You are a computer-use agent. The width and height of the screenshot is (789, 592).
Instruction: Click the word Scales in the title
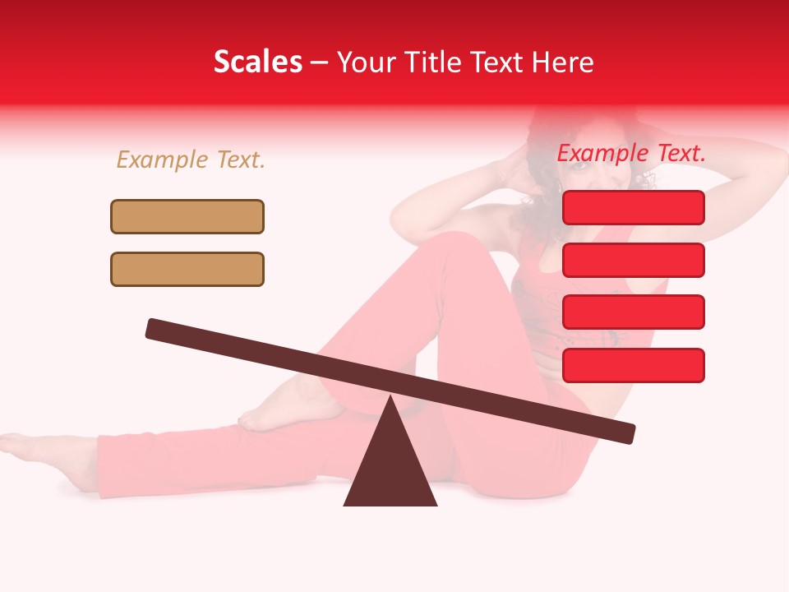click(x=257, y=62)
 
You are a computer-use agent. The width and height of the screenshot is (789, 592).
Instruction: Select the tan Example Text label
click(x=191, y=160)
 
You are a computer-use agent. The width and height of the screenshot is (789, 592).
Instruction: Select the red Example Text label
click(x=631, y=153)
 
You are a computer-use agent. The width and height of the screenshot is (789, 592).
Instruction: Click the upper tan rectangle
click(x=187, y=216)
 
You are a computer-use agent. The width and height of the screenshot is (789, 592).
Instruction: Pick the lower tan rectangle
click(x=187, y=269)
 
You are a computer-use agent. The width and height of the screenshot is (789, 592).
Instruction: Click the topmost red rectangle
click(x=633, y=207)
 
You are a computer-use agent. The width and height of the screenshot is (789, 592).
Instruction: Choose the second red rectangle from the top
click(x=633, y=260)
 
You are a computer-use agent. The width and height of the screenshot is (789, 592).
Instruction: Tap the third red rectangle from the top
click(x=633, y=312)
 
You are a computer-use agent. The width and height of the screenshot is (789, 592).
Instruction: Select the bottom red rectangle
click(x=633, y=365)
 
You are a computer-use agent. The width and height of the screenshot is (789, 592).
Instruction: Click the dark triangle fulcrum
click(x=390, y=469)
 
